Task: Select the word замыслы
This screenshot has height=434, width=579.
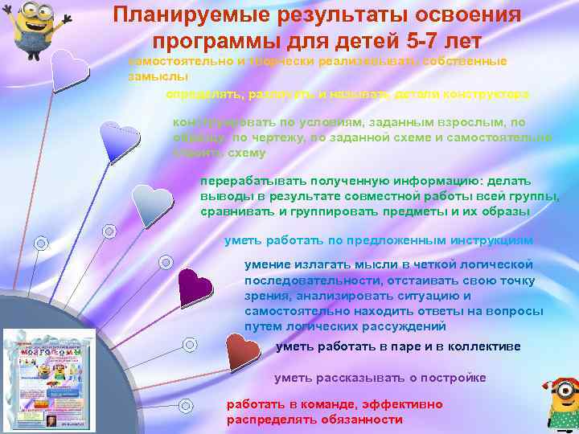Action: point(158,76)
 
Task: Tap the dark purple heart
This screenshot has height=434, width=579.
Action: point(194,286)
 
